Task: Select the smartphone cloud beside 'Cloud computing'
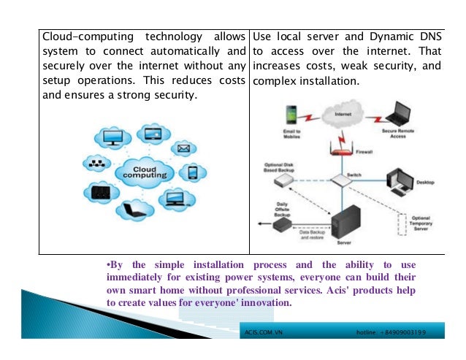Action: point(192,173)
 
